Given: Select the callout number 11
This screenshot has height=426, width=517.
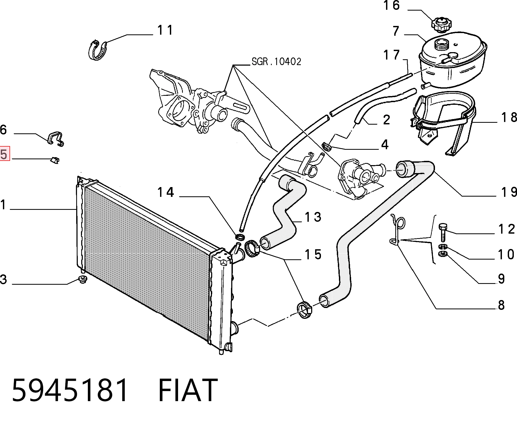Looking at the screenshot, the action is coord(165,30).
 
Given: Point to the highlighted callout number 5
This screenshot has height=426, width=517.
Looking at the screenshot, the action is coord(4,154).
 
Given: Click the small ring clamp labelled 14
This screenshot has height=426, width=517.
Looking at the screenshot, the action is coord(240,236).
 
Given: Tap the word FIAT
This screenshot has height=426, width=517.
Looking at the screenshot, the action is coord(188,390).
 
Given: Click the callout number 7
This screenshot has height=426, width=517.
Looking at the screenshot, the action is coord(396,31).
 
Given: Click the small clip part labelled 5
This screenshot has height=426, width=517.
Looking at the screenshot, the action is coord(55,160).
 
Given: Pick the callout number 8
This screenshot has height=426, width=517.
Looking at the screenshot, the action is coord(501,305).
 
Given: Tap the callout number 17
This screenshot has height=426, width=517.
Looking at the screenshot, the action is coord(392,55).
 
